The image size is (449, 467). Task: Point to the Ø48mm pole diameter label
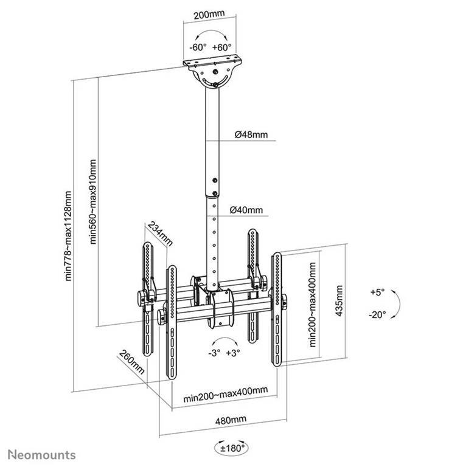(249, 134)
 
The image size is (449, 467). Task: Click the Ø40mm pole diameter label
(246, 210)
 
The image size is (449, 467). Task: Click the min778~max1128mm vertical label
(69, 237)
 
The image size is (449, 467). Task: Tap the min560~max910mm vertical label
(93, 202)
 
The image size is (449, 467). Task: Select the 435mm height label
(338, 305)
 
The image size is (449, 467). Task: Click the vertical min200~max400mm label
(312, 304)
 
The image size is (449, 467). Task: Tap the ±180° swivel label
(231, 449)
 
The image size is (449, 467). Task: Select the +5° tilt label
(377, 292)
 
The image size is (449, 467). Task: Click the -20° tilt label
(377, 314)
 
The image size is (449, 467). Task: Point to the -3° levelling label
(214, 352)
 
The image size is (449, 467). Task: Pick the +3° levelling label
(233, 352)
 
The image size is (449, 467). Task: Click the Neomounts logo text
(42, 454)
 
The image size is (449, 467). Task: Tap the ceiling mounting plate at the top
(213, 63)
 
